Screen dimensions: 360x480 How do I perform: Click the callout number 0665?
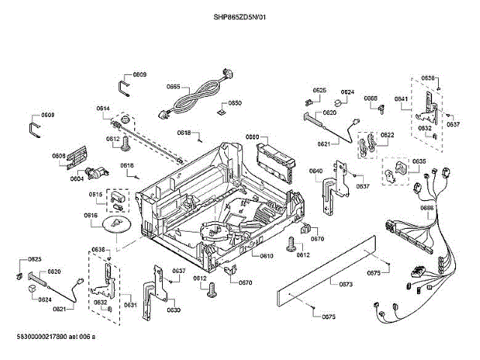click(x=172, y=87)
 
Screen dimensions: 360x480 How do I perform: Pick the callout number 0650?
click(x=235, y=103)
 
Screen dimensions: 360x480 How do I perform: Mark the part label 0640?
click(x=316, y=171)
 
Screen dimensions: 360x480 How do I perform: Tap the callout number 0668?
click(x=370, y=98)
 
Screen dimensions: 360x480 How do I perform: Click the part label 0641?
click(x=401, y=99)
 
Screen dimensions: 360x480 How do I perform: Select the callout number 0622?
click(x=387, y=135)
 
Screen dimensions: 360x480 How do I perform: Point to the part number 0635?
click(x=418, y=162)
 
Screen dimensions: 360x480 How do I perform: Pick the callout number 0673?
click(x=346, y=284)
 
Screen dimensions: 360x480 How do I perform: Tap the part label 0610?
click(x=266, y=256)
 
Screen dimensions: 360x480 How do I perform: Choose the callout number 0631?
click(x=130, y=304)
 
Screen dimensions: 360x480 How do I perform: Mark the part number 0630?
click(x=173, y=310)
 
